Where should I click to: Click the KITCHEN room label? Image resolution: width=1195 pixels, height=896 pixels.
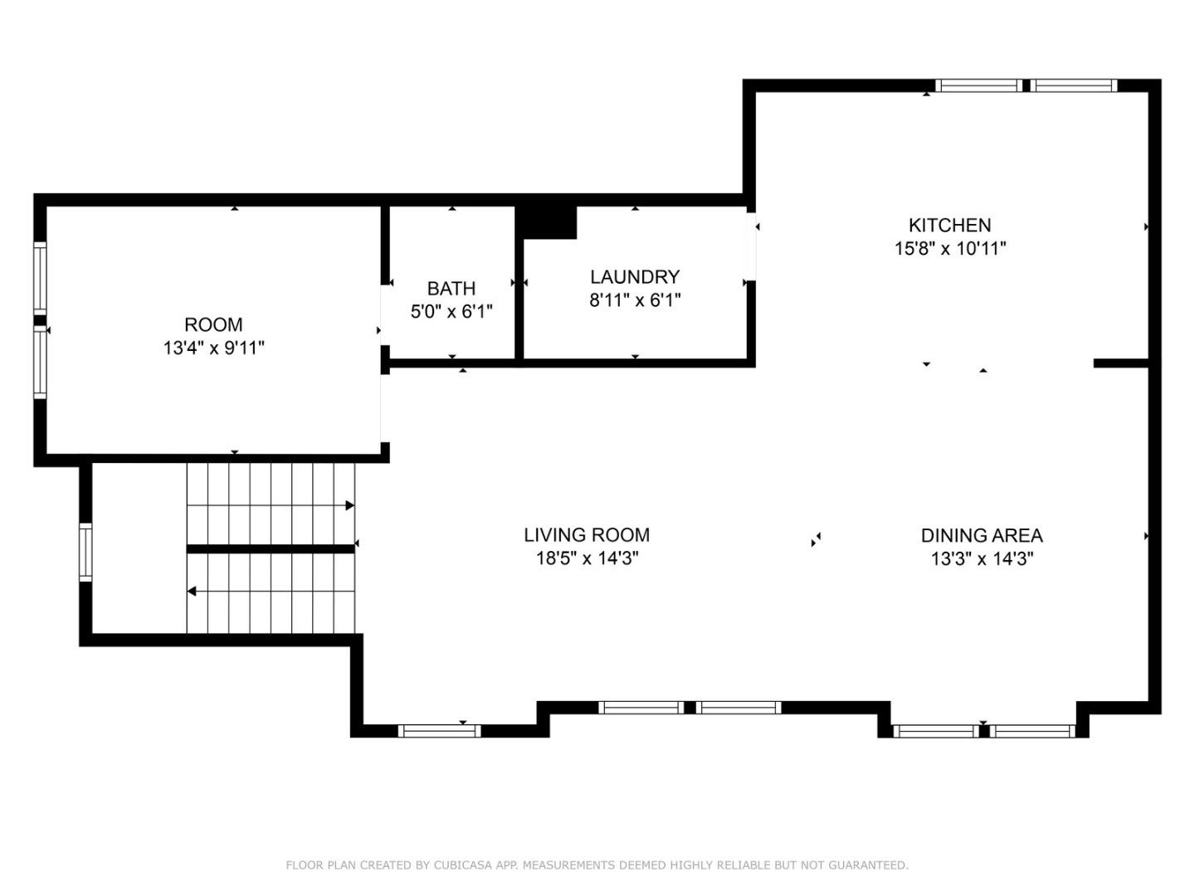point(949,225)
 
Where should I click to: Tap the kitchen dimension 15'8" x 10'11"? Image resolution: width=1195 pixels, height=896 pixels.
point(950,249)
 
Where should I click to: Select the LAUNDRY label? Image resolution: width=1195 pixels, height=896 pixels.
point(635,277)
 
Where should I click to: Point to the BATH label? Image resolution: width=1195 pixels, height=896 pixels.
point(451,288)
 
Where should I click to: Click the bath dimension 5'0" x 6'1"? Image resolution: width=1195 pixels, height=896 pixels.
point(451,312)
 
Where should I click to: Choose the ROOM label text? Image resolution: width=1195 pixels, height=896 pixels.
point(213,324)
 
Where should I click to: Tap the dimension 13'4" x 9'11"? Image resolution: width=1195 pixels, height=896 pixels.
point(214,348)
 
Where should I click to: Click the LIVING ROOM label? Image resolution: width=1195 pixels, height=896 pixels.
point(587,535)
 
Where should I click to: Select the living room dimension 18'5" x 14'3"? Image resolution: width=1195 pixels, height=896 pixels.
point(587,558)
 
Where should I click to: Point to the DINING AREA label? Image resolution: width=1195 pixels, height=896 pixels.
point(982,535)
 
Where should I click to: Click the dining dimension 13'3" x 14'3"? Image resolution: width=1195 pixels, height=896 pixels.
point(982,558)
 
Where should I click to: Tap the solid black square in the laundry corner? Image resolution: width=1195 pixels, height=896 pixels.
point(545,222)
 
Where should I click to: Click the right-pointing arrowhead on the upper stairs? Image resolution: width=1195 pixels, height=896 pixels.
point(350,505)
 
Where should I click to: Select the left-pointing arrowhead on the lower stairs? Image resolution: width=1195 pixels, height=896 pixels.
point(192,591)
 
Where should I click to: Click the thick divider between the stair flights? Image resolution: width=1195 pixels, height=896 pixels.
point(271,549)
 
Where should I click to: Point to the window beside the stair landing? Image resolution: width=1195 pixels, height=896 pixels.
point(86,553)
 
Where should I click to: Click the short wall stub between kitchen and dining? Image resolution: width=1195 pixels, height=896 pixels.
point(1121,363)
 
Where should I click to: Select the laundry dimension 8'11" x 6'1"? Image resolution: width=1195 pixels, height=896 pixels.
point(635,299)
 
